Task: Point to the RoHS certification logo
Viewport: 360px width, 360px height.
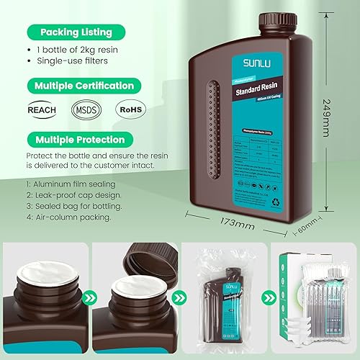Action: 130,111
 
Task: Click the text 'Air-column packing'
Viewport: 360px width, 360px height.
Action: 66,217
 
